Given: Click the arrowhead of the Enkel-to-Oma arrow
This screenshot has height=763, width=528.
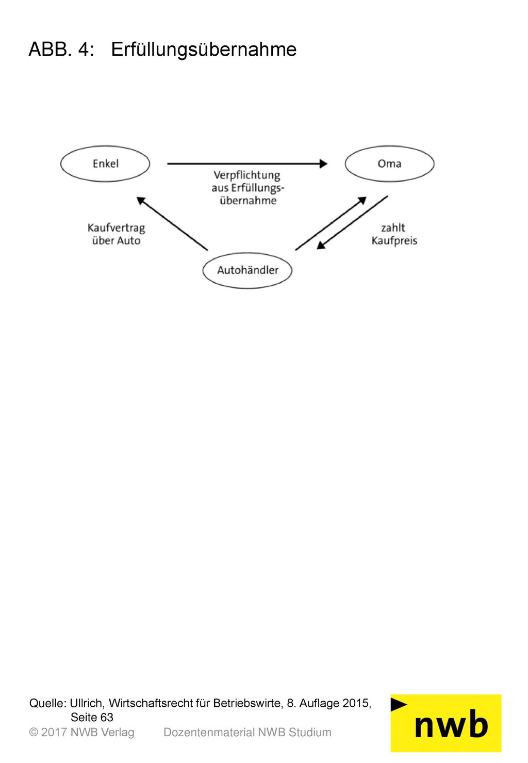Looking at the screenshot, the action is click(323, 164).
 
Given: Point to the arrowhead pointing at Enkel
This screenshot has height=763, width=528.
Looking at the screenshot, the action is click(141, 200).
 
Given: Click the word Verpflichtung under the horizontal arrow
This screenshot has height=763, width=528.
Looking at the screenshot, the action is click(247, 175).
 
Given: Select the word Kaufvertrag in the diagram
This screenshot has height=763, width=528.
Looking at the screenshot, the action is click(116, 228).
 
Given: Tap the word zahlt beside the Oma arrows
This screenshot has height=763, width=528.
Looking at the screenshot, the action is click(393, 228).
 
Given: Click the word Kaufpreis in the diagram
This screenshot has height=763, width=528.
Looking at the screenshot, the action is click(394, 241).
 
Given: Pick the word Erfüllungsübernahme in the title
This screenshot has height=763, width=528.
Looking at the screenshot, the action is click(204, 50).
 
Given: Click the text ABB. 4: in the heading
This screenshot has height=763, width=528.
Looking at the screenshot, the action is click(61, 50).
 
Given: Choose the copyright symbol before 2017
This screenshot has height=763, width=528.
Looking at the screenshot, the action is click(34, 732).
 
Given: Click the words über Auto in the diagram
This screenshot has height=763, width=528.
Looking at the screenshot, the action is click(116, 240).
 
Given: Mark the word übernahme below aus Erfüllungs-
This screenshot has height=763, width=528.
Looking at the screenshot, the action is click(248, 200).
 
